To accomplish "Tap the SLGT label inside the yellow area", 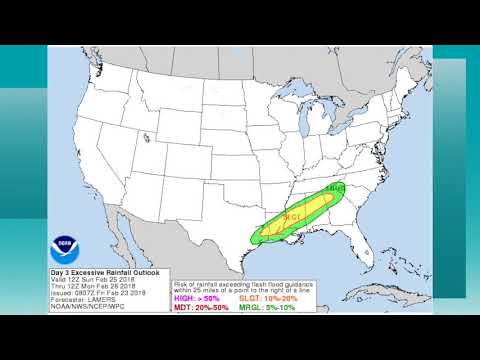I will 292,217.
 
